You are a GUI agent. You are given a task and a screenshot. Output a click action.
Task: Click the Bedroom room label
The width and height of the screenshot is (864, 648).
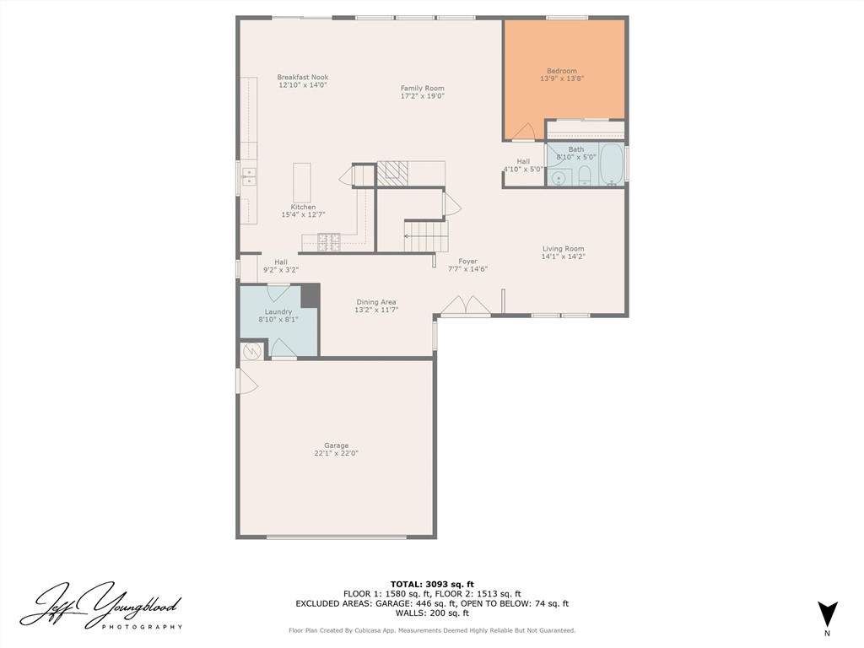(562, 71)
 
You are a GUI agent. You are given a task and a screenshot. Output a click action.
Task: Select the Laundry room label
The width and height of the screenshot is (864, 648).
(278, 312)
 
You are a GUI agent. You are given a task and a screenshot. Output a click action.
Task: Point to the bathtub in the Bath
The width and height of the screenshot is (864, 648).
(612, 164)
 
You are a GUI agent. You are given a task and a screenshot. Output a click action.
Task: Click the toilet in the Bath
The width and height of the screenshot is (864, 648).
(584, 175)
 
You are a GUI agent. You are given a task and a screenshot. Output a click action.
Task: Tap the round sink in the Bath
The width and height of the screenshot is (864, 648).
(558, 177)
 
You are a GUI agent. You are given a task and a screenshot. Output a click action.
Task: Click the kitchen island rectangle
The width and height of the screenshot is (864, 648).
(302, 182)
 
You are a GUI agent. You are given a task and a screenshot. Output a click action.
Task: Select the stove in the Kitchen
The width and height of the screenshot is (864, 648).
(328, 242)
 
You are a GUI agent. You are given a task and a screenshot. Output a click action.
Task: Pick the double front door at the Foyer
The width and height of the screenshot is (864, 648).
(467, 305)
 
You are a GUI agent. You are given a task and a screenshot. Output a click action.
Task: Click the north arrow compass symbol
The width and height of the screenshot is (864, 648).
(828, 613)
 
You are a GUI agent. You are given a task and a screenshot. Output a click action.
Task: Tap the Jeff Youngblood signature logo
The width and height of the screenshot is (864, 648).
(100, 606)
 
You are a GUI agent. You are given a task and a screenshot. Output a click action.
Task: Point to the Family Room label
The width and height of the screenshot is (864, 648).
(422, 89)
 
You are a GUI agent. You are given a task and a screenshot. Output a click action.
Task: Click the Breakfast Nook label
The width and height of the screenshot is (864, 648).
(301, 78)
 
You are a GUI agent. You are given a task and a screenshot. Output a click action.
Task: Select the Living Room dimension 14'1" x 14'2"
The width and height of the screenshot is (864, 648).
(563, 256)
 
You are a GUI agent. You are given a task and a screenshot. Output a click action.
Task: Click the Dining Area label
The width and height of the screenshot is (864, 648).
(375, 302)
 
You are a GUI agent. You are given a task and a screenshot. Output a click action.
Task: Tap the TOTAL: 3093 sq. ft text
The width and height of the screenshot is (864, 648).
(432, 584)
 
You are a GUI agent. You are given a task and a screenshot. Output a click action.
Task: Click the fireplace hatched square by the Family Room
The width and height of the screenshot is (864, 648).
(391, 173)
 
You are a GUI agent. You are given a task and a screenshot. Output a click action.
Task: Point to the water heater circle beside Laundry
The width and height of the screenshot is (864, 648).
(251, 351)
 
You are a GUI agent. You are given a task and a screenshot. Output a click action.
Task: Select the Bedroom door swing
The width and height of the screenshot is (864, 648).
(523, 132)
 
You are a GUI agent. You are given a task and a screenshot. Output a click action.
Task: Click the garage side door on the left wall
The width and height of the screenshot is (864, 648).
(246, 382)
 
